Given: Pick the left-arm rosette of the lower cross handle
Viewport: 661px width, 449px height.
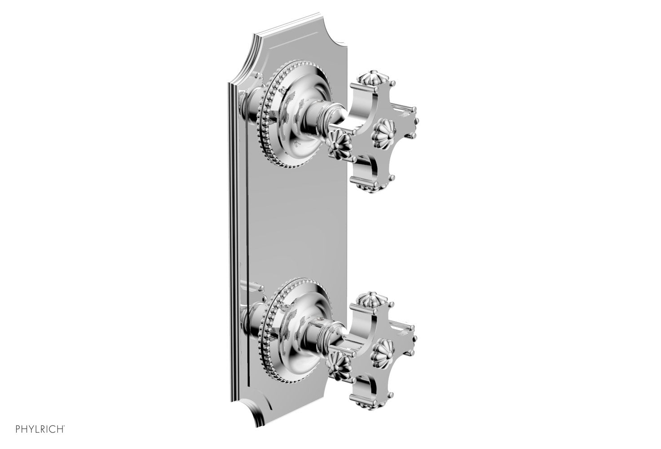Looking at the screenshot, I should [x=338, y=362].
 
